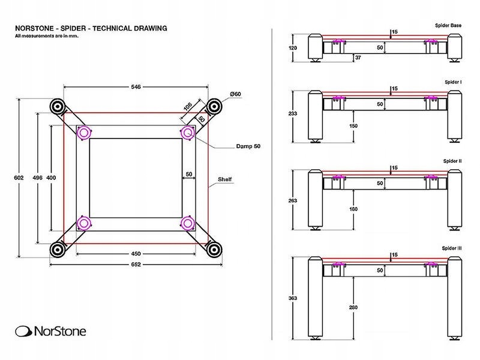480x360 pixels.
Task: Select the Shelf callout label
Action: pos(225,179)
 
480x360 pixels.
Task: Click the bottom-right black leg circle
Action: pos(213,249)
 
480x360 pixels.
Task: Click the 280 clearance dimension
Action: pos(353,308)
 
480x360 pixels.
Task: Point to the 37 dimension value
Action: pos(358,58)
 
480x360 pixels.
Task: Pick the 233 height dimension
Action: pos(293,113)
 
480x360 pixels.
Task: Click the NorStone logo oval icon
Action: pos(23,331)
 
